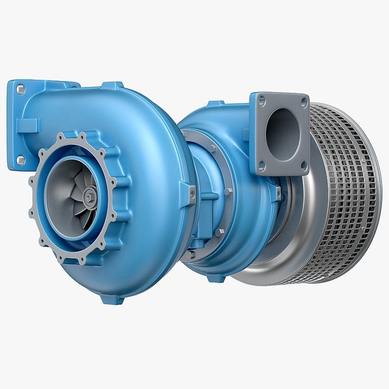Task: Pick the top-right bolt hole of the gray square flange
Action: tap(302, 101)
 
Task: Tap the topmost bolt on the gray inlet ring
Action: tap(82, 136)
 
